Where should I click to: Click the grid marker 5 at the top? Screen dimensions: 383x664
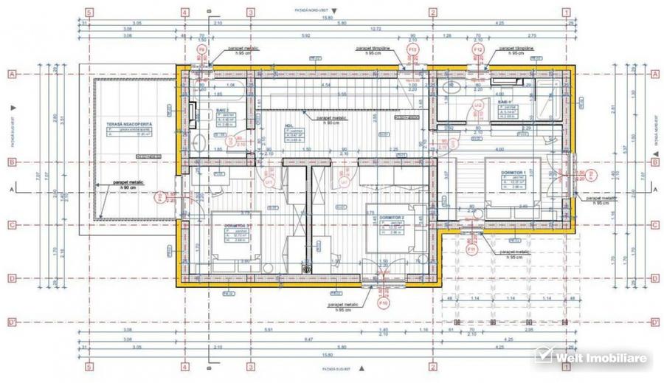pyautogui.click(x=89, y=12)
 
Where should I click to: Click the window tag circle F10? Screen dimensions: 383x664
pyautogui.click(x=383, y=303)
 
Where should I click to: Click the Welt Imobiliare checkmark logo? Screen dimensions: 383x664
pyautogui.click(x=544, y=358)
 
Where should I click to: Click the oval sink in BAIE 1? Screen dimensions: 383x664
pyautogui.click(x=450, y=88)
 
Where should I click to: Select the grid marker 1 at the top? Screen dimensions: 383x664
pyautogui.click(x=567, y=12)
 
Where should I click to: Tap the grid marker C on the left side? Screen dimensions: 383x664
pyautogui.click(x=12, y=225)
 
